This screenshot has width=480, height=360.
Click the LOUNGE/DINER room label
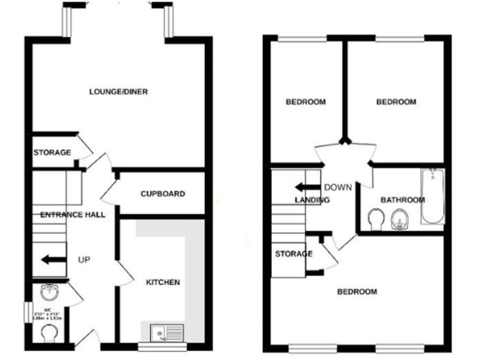pyautogui.click(x=118, y=92)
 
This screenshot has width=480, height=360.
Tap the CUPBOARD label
pyautogui.click(x=162, y=194)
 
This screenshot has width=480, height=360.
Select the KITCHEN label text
pyautogui.click(x=163, y=282)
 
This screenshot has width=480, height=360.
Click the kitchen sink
pyautogui.click(x=166, y=332)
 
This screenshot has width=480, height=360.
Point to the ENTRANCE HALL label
pyautogui.click(x=72, y=215)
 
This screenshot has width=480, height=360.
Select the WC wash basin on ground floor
pyautogui.click(x=47, y=292)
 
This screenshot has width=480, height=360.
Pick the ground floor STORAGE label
pyautogui.click(x=52, y=152)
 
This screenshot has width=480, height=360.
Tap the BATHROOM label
pyautogui.click(x=402, y=200)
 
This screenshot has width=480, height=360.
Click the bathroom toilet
pyautogui.click(x=376, y=219)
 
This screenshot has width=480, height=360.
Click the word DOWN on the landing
pyautogui.click(x=337, y=187)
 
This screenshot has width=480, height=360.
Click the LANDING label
pyautogui.click(x=312, y=200)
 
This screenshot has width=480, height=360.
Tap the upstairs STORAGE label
pyautogui.click(x=293, y=254)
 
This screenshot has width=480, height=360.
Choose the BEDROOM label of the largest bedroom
pyautogui.click(x=357, y=292)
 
